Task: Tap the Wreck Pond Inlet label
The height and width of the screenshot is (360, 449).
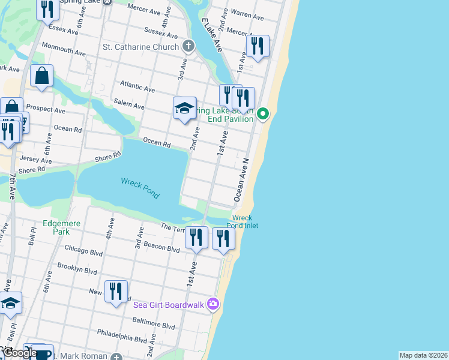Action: click(242, 222)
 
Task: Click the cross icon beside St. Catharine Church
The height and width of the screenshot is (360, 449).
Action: click(188, 46)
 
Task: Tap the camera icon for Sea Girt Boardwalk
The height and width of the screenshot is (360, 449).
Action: click(212, 304)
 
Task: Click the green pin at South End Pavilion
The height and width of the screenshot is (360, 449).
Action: click(263, 113)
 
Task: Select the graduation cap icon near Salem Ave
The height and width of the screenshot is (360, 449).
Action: click(185, 108)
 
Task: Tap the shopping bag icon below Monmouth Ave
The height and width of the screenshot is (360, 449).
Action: click(41, 76)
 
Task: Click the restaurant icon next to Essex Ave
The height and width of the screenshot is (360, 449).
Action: click(46, 9)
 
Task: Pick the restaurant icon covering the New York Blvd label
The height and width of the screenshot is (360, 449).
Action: click(116, 292)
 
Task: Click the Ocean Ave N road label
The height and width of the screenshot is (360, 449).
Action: click(241, 179)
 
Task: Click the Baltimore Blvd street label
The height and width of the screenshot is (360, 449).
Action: click(154, 325)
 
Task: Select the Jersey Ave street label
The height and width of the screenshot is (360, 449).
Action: click(35, 160)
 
